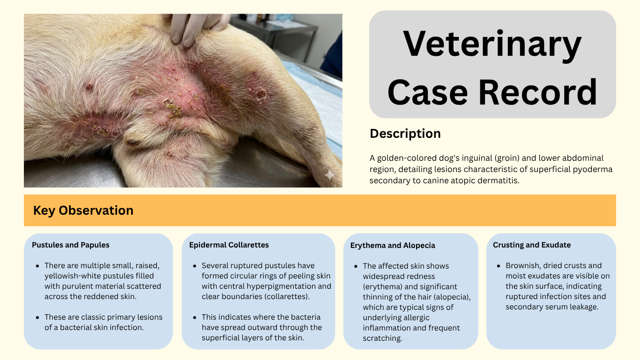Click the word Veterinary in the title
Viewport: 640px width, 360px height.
coord(492,45)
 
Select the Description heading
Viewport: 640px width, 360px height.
coord(405,134)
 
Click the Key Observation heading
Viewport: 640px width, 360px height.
coord(83,210)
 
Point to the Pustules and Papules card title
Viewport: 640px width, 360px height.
coord(71,245)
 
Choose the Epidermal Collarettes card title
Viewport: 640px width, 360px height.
coord(229,245)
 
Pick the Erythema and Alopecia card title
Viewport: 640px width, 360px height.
coord(393,246)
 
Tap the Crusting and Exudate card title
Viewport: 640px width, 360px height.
coord(532,245)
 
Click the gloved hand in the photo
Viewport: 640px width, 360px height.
coord(197,27)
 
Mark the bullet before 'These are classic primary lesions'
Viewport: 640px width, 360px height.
coord(37,318)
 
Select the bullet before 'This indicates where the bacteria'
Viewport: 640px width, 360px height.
coord(195,318)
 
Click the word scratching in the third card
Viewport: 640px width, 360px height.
coord(383,338)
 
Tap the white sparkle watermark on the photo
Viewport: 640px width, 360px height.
coord(329,175)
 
